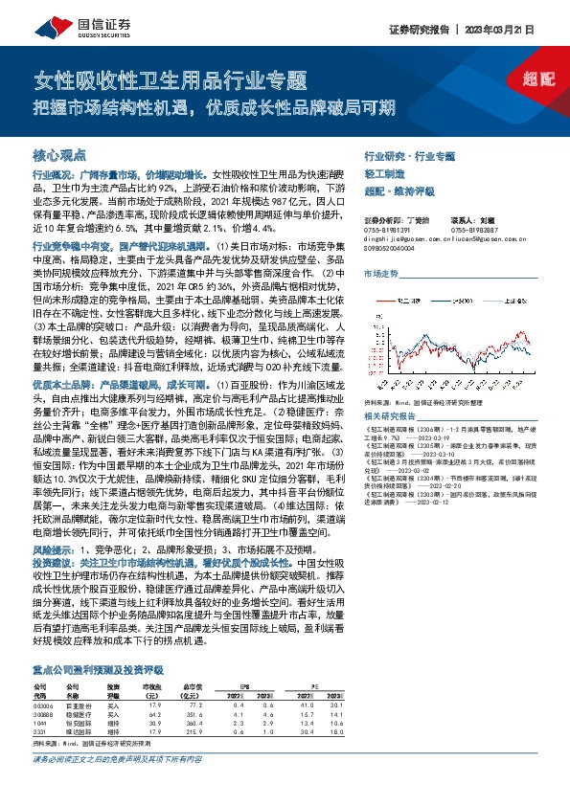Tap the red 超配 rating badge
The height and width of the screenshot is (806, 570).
tap(541, 82)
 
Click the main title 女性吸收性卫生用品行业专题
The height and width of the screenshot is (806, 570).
tap(170, 80)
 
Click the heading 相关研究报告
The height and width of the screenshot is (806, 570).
tap(393, 417)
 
